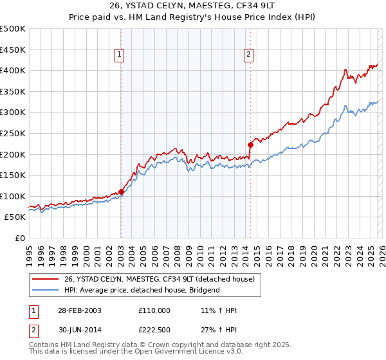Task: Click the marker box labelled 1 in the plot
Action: tap(120, 55)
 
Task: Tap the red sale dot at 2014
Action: tap(250, 145)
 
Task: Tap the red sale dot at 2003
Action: tap(121, 192)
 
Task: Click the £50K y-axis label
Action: tap(15, 217)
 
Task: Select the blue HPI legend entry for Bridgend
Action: tap(142, 290)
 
